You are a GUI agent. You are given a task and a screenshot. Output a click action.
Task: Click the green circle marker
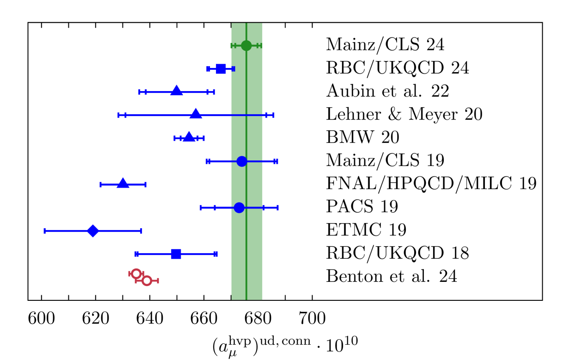coord(246,45)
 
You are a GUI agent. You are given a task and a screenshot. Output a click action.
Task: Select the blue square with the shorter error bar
coord(221,69)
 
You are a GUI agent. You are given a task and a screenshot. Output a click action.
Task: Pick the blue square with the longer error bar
coord(176,254)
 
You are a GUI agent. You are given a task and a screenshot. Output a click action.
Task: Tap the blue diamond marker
coord(93,231)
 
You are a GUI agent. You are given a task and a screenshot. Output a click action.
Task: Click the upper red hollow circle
coord(136,274)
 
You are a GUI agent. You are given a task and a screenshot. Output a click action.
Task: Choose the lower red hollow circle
coord(147,281)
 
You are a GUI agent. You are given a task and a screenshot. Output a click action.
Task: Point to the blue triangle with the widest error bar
coord(196,114)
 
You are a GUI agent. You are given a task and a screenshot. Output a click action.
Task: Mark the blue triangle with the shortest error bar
coord(189,137)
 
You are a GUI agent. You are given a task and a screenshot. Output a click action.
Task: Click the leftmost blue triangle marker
coord(123,183)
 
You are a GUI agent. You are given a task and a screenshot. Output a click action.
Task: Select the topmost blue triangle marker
coord(177,91)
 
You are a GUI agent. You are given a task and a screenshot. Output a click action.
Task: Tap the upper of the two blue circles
coord(242,161)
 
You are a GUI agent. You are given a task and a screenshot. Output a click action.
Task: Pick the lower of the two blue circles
coord(239,207)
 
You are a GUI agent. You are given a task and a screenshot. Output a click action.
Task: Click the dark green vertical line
coord(246,185)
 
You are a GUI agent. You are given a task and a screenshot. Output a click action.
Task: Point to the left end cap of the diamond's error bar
coord(45,231)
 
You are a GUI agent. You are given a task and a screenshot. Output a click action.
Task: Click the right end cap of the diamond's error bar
coord(141,231)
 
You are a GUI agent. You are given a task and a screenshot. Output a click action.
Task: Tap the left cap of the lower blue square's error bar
coord(136,254)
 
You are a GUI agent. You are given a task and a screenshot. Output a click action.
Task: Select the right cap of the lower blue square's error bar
coord(215,254)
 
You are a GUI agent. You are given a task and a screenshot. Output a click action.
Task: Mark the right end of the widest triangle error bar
coord(273,115)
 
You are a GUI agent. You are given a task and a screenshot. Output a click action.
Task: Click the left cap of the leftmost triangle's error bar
coord(100,184)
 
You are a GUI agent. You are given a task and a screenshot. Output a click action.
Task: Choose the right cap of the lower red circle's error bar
coord(158,281)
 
